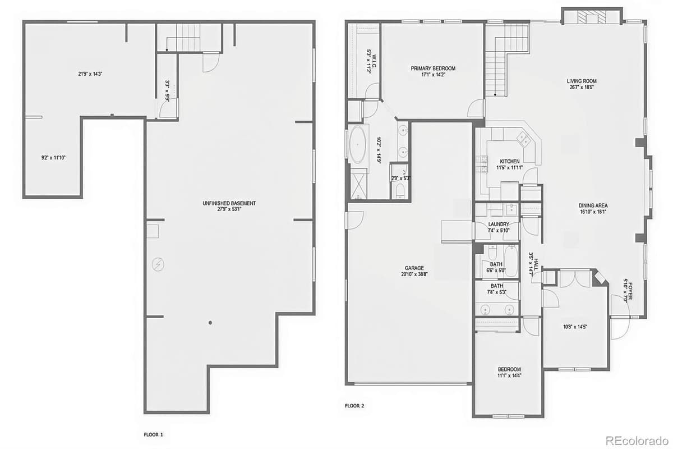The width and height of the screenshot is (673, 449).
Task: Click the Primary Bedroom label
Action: coord(433,68)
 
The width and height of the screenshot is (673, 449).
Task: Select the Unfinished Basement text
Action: coord(229,203)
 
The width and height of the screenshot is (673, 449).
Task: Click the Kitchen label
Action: coord(510,161)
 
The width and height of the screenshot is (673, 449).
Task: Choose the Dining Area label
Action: coord(593,205)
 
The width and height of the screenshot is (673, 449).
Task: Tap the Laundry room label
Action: coord(499,223)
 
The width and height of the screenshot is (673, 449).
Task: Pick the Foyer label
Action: coord(630,290)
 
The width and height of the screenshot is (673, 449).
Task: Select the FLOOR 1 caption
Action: coord(153,434)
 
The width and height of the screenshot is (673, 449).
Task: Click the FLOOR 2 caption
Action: coord(354,405)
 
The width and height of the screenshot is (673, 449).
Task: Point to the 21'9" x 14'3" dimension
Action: coord(90,73)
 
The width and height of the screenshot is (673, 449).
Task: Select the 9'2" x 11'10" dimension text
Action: coord(54,158)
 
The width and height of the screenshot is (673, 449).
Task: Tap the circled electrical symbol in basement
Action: coord(158,263)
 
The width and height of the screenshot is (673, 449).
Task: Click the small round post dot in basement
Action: coord(210,323)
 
